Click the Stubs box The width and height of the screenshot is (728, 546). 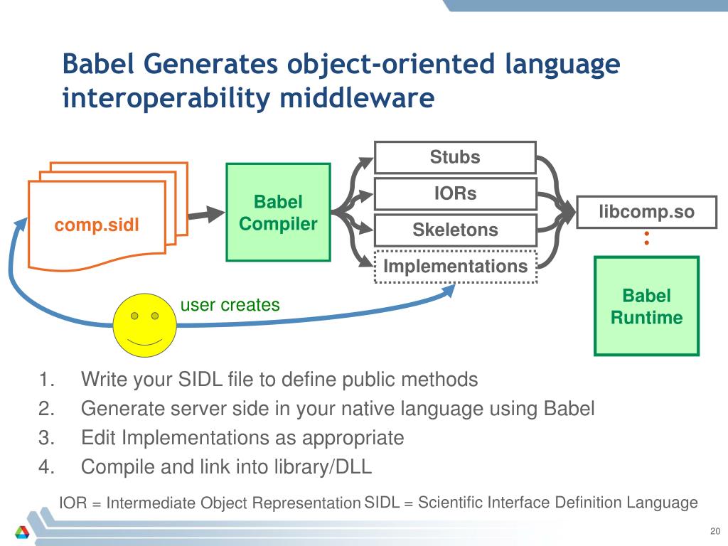tap(455, 157)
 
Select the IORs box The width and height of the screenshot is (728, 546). tap(455, 193)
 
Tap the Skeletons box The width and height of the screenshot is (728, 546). tap(455, 230)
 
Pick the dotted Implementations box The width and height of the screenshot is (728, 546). tap(455, 267)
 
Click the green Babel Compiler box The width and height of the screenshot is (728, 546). tap(278, 213)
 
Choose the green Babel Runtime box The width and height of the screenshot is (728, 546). tap(646, 306)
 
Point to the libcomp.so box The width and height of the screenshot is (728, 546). tap(646, 211)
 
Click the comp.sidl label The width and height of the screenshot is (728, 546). tap(97, 225)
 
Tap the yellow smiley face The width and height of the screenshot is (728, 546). tap(145, 325)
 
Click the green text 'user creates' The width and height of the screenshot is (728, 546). tap(230, 305)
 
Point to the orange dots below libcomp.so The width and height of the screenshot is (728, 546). tap(646, 238)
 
